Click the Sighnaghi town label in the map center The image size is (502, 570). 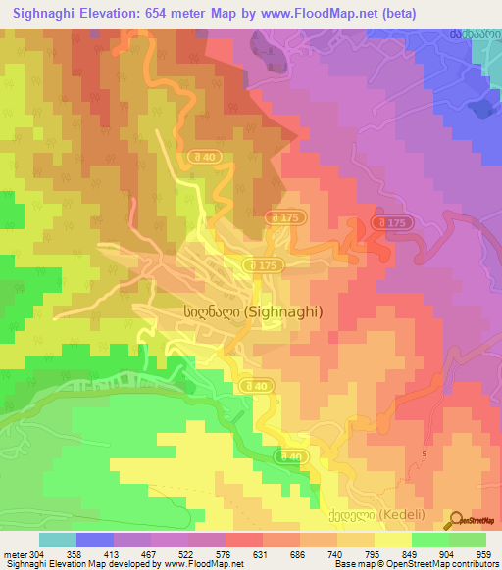(x=252, y=310)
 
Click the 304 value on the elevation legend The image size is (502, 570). (x=26, y=555)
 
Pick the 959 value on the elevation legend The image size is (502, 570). (x=483, y=555)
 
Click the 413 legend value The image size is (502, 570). (x=111, y=555)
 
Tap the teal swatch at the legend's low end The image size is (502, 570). (x=58, y=540)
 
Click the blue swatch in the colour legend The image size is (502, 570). (x=95, y=540)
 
